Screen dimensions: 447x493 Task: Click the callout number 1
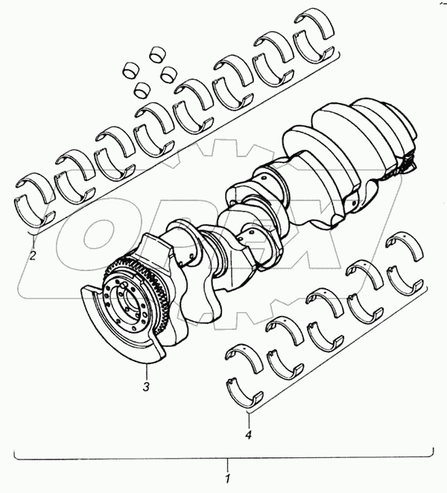[x=228, y=478]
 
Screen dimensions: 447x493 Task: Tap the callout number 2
[x=33, y=255]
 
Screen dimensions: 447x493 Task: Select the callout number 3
[x=146, y=387]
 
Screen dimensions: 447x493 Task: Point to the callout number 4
[x=249, y=435]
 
